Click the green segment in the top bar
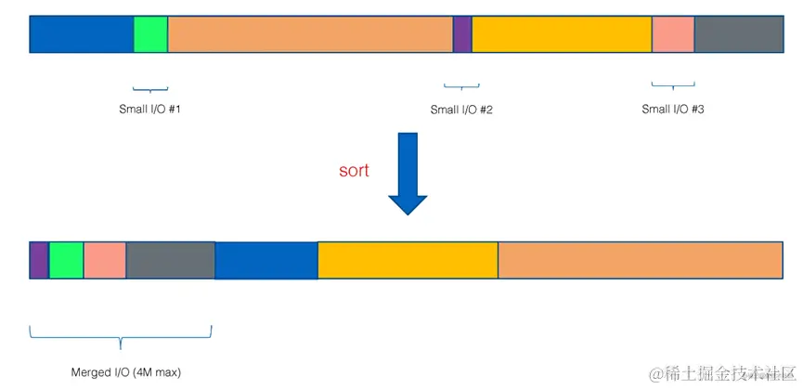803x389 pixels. (150, 34)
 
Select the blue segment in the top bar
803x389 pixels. (82, 34)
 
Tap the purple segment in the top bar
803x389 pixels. (462, 34)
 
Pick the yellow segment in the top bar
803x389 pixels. (562, 34)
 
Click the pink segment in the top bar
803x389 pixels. (673, 34)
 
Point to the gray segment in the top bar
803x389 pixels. (739, 34)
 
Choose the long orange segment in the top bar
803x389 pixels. (310, 34)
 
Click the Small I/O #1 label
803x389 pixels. (149, 109)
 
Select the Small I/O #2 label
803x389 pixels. (461, 110)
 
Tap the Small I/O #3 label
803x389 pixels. (673, 109)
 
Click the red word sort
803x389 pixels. (353, 170)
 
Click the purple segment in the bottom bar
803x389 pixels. (39, 260)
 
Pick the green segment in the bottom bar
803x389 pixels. (66, 260)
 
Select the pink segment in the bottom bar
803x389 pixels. (105, 260)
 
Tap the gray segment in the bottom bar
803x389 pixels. (171, 260)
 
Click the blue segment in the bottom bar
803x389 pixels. (266, 260)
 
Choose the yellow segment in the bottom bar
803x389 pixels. (408, 260)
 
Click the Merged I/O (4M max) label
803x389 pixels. (126, 372)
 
